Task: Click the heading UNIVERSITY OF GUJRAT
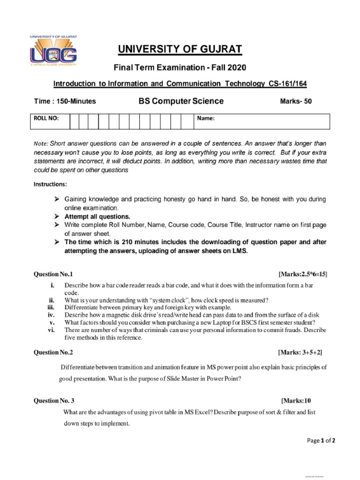click(x=180, y=50)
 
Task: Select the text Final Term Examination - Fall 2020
click(x=180, y=68)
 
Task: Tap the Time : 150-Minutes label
click(x=65, y=101)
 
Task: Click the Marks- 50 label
click(x=295, y=101)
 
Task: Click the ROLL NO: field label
click(x=46, y=119)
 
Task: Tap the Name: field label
click(x=205, y=119)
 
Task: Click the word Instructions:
click(x=50, y=184)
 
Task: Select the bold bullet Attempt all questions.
click(x=97, y=217)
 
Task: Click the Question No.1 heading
click(x=53, y=274)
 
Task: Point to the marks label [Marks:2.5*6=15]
click(x=302, y=274)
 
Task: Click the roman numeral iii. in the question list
click(x=52, y=307)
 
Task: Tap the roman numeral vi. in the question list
click(x=52, y=330)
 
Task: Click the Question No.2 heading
click(x=53, y=352)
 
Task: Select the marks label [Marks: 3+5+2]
click(x=300, y=352)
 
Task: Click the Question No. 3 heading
click(x=54, y=401)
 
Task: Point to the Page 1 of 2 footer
click(x=321, y=440)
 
